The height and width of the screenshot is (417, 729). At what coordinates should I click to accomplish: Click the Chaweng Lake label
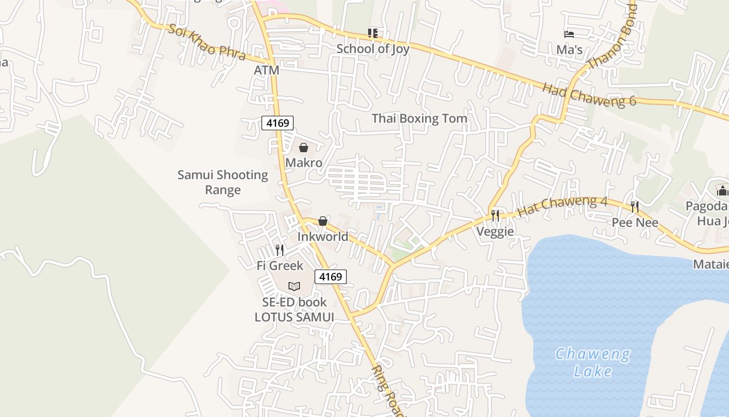pos(593,362)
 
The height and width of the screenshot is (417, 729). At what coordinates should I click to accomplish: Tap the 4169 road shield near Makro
pos(278,123)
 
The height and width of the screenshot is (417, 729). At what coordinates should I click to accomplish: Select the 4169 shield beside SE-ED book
pos(330,277)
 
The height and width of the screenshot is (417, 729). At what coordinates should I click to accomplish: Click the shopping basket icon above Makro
pos(304,148)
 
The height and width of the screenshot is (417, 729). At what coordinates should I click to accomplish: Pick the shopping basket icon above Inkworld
pos(323,222)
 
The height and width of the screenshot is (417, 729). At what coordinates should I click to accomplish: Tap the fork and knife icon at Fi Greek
pos(280,250)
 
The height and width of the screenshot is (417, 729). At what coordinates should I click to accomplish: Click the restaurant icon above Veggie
pos(495,215)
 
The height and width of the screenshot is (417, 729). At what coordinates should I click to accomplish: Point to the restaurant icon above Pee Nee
pos(634,207)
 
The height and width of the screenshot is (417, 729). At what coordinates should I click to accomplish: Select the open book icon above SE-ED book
pos(294,286)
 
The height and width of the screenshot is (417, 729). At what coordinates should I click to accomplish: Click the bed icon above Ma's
pos(569,34)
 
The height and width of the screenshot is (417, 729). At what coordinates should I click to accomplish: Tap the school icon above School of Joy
pos(373,33)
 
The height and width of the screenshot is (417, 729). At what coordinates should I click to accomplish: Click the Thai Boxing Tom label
pos(419,119)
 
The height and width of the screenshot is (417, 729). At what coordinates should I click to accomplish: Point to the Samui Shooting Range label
pos(223,182)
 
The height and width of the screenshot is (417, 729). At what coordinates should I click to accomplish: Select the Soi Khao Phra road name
pos(207,42)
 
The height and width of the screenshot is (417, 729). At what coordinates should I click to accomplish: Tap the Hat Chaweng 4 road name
pos(562,206)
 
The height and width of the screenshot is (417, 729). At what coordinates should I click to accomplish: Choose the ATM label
pos(267,70)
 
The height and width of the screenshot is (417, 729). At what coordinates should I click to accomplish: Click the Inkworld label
pos(323,237)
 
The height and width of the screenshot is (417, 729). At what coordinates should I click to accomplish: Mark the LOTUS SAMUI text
pos(294,317)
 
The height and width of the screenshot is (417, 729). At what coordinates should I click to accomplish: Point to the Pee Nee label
pos(635,223)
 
